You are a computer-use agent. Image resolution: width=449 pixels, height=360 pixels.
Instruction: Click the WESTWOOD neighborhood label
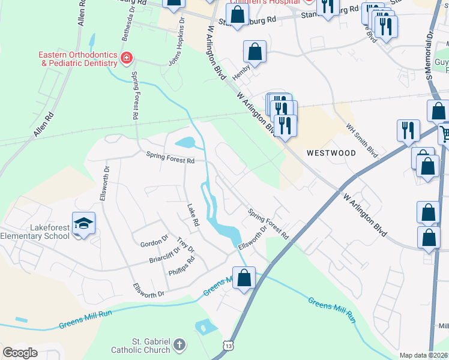pyautogui.click(x=331, y=153)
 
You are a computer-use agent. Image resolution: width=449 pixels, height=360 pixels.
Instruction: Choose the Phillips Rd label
pyautogui.click(x=183, y=266)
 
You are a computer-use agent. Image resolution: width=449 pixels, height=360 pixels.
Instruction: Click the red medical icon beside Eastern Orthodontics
pyautogui.click(x=126, y=58)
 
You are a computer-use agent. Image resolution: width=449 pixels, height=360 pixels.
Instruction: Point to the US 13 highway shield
pyautogui.click(x=228, y=345)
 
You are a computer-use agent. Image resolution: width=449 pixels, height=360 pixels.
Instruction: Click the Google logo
pyautogui.click(x=20, y=353)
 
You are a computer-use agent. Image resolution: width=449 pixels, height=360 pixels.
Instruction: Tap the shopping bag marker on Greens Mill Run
pyautogui.click(x=244, y=278)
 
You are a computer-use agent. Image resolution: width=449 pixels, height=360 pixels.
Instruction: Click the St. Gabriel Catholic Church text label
pyautogui.click(x=143, y=346)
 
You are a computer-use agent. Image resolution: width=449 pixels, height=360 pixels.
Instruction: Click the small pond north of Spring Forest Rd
pyautogui.click(x=185, y=143)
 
